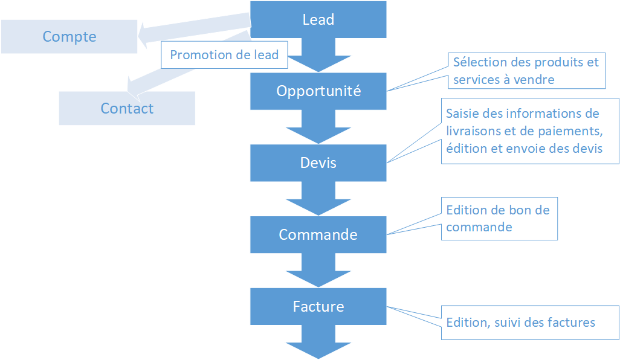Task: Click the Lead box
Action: click(318, 19)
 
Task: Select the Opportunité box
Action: click(318, 91)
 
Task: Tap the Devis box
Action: click(318, 163)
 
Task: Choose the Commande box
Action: click(318, 235)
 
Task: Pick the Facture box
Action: click(318, 306)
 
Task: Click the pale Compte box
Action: click(69, 36)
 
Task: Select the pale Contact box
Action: click(127, 108)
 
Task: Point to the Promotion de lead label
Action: click(224, 55)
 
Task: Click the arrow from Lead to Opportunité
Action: click(318, 55)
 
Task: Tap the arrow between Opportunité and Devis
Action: click(318, 127)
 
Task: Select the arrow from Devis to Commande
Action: click(318, 198)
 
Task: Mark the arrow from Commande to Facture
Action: click(318, 270)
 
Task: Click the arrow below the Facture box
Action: click(318, 342)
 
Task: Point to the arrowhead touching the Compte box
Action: click(143, 36)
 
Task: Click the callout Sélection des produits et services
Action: click(527, 71)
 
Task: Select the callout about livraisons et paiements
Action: click(530, 131)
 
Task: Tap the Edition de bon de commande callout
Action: click(499, 219)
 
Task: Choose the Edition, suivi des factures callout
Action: click(530, 323)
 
